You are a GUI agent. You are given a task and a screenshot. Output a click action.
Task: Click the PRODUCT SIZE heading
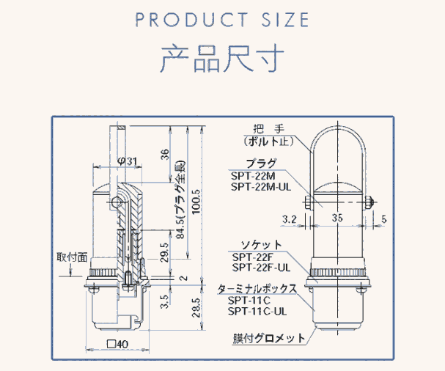pos(222,20)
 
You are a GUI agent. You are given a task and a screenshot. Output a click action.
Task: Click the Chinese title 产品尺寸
pos(222,59)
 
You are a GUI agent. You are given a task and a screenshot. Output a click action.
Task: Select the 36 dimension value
pos(164,154)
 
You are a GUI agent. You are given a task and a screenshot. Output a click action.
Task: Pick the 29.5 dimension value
pos(164,253)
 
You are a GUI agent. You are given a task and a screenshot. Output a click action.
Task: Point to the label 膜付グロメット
pos(265,339)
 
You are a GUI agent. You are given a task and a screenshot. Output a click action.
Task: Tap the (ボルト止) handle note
pos(270,139)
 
